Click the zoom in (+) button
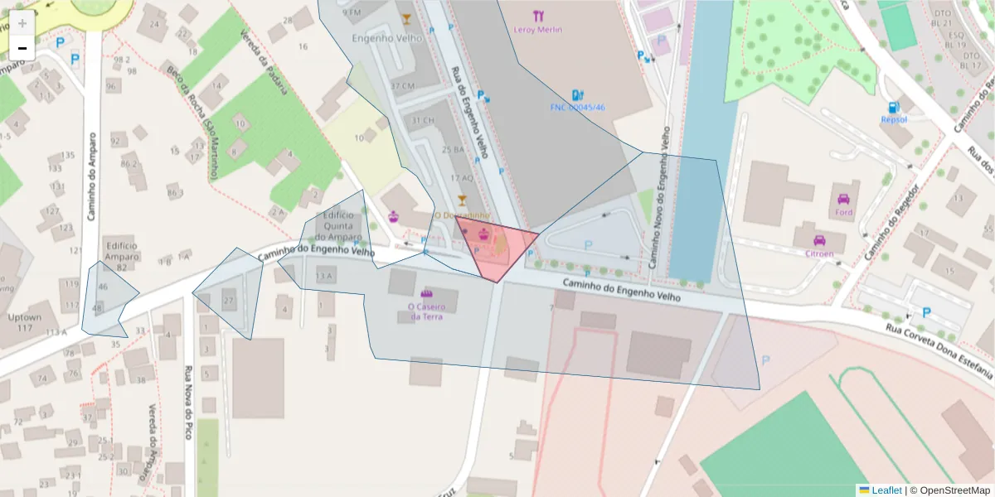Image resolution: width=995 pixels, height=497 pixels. click(22, 23)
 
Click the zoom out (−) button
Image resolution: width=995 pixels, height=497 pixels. click(22, 48)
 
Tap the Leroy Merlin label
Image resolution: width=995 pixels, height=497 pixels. click(538, 30)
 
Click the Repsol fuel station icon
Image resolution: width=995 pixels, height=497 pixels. click(893, 107)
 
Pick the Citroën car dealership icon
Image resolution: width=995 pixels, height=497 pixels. click(819, 240)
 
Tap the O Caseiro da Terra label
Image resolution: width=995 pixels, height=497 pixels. click(426, 311)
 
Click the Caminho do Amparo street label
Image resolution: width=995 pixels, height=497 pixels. click(93, 176)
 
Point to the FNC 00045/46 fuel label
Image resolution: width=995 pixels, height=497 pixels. click(578, 108)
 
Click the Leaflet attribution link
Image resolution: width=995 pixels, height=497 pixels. click(886, 490)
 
